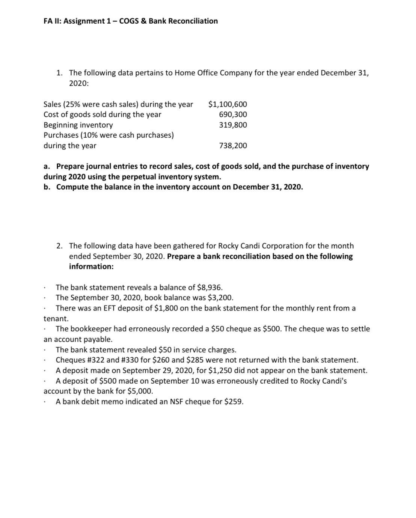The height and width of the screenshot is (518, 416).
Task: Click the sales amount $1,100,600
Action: coord(228,104)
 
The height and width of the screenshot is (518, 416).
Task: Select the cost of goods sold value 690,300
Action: coord(233,114)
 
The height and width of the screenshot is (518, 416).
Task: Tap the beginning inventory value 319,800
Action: coord(233,125)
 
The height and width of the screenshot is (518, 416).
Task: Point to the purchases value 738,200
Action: coord(233,146)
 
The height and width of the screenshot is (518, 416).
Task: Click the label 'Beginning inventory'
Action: coord(78,125)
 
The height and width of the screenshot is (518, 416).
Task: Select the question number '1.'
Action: coord(60,73)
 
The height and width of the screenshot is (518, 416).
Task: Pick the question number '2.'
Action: coord(60,246)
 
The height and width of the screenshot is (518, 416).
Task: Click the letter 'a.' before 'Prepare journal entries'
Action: coord(47,166)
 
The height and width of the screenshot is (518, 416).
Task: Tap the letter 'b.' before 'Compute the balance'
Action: coord(47,187)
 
